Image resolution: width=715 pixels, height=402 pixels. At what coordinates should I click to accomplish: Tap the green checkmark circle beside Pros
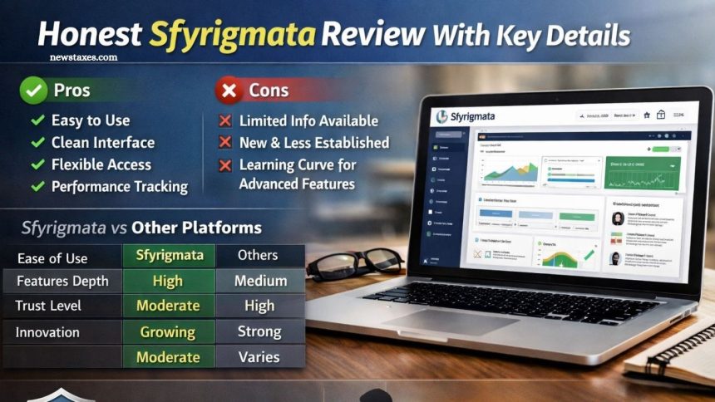pos(32,90)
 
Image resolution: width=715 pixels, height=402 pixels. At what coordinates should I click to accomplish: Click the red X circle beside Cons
pos(229,90)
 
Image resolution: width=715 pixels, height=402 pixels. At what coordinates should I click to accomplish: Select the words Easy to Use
pos(90,120)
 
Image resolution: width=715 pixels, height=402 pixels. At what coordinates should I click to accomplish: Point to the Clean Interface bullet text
pos(102,143)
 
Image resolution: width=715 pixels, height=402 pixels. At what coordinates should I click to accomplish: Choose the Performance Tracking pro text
pos(119,186)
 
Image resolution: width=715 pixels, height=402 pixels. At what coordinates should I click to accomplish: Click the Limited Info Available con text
pos(308,121)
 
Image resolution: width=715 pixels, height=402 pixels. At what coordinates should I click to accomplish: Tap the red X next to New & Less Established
pos(224,143)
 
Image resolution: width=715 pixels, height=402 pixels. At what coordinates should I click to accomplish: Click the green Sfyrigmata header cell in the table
pos(169,255)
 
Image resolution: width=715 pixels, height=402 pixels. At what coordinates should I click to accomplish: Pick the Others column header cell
pos(258,255)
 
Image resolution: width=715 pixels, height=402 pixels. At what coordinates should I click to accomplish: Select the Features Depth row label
pos(62,281)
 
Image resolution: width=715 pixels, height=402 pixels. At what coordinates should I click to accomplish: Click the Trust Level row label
pos(48,306)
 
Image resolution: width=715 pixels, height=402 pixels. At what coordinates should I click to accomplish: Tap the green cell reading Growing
pos(168,332)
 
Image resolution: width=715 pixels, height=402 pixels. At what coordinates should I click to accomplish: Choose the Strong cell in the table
pos(259,331)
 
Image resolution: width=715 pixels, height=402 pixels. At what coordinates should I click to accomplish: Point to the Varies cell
pos(259,357)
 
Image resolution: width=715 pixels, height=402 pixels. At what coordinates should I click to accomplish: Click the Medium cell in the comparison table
pos(260,281)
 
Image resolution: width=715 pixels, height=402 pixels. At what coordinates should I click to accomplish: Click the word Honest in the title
pos(89,35)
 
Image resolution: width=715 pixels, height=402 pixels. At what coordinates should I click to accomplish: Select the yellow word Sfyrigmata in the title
pos(232,35)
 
